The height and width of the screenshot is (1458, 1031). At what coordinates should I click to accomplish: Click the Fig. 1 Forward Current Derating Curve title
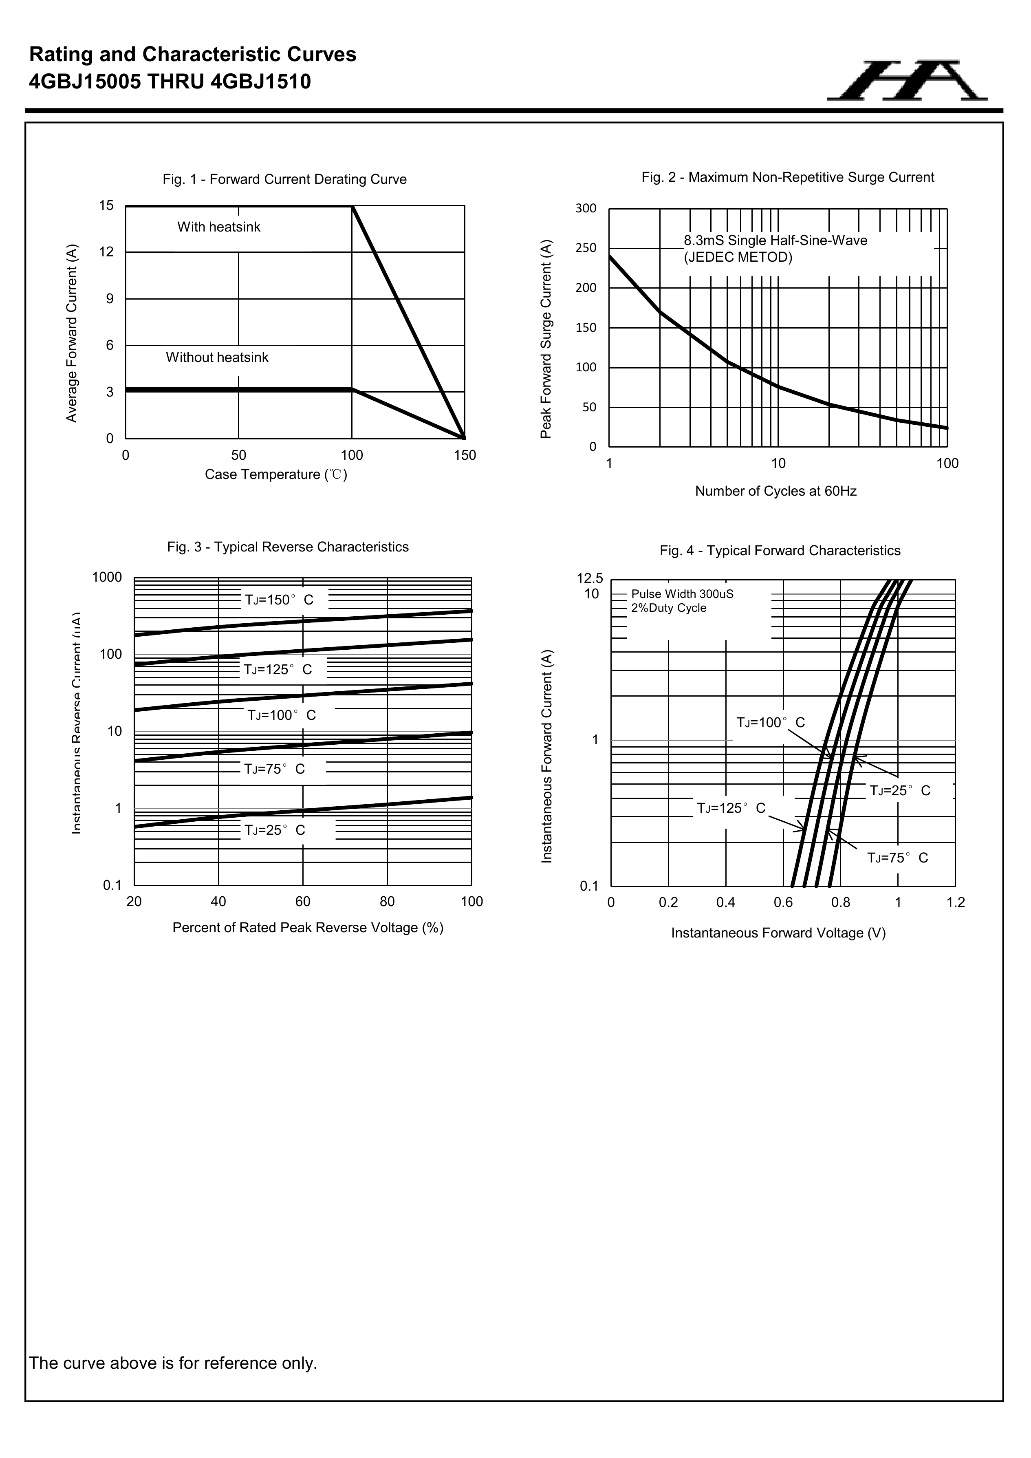pos(284,180)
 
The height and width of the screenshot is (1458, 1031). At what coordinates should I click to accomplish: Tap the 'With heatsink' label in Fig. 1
pos(218,227)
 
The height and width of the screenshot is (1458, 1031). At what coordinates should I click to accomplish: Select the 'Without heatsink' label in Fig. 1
pos(217,357)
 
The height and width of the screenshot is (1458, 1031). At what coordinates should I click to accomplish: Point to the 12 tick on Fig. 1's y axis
pos(107,252)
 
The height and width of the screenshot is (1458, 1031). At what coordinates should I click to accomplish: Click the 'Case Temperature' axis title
pos(275,474)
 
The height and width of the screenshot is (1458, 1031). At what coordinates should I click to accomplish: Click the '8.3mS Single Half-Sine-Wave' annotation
pos(775,240)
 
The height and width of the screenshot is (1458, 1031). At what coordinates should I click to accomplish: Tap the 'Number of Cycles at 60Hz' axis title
pos(776,491)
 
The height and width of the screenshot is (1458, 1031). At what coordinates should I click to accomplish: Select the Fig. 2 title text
pos(787,177)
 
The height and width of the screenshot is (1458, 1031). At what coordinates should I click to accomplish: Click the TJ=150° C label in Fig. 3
pos(279,600)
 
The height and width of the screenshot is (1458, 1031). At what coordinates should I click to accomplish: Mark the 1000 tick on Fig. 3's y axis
pos(107,577)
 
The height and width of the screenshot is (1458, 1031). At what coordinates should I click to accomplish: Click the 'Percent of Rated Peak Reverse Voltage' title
pos(308,928)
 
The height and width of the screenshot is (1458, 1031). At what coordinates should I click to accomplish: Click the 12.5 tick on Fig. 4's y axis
pos(590,578)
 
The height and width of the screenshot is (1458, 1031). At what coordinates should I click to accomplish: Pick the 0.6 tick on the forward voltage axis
pos(783,902)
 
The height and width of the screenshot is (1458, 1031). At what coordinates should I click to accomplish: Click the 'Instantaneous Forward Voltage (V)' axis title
pos(778,933)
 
